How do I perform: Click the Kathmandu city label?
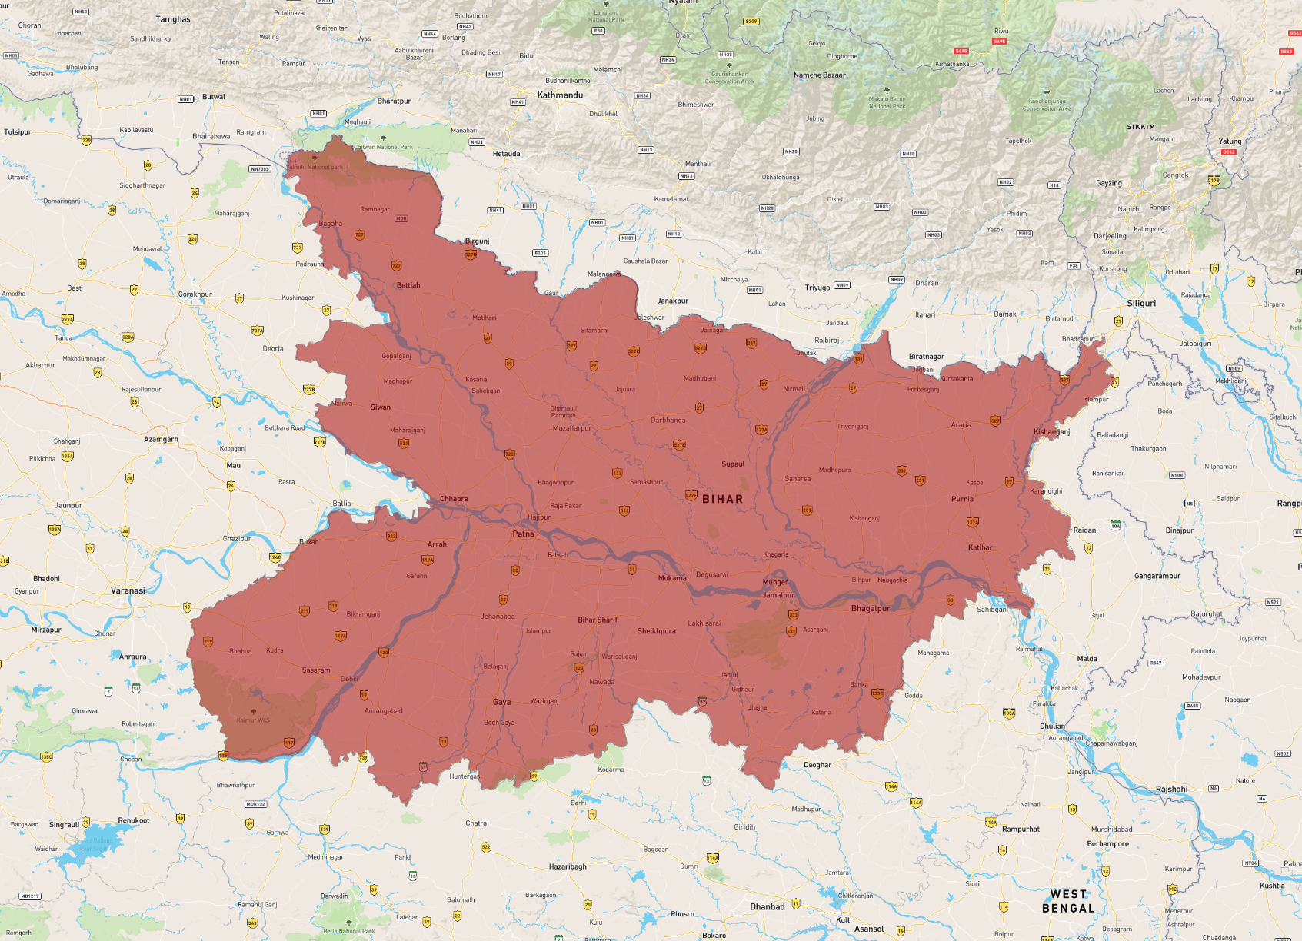click(x=560, y=95)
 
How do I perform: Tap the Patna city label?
click(x=523, y=534)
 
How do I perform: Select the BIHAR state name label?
click(x=722, y=499)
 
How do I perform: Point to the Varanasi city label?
click(x=128, y=590)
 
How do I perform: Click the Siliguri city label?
click(x=1141, y=303)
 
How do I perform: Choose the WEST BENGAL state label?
click(x=1068, y=901)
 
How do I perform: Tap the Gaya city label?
click(x=501, y=702)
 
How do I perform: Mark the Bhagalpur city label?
click(x=871, y=608)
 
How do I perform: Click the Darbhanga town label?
click(x=668, y=420)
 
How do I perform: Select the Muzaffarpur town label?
click(x=572, y=428)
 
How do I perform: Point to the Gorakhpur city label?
click(x=195, y=294)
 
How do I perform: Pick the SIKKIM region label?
click(x=1140, y=127)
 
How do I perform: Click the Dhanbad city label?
click(x=768, y=906)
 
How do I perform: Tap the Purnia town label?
click(x=962, y=499)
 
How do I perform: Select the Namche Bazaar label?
click(x=819, y=75)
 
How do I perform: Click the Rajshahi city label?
click(x=1171, y=789)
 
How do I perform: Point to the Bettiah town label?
click(x=408, y=285)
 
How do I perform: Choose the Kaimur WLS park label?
click(x=253, y=720)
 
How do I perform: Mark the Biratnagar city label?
click(x=926, y=357)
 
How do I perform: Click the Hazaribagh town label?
click(x=568, y=866)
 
